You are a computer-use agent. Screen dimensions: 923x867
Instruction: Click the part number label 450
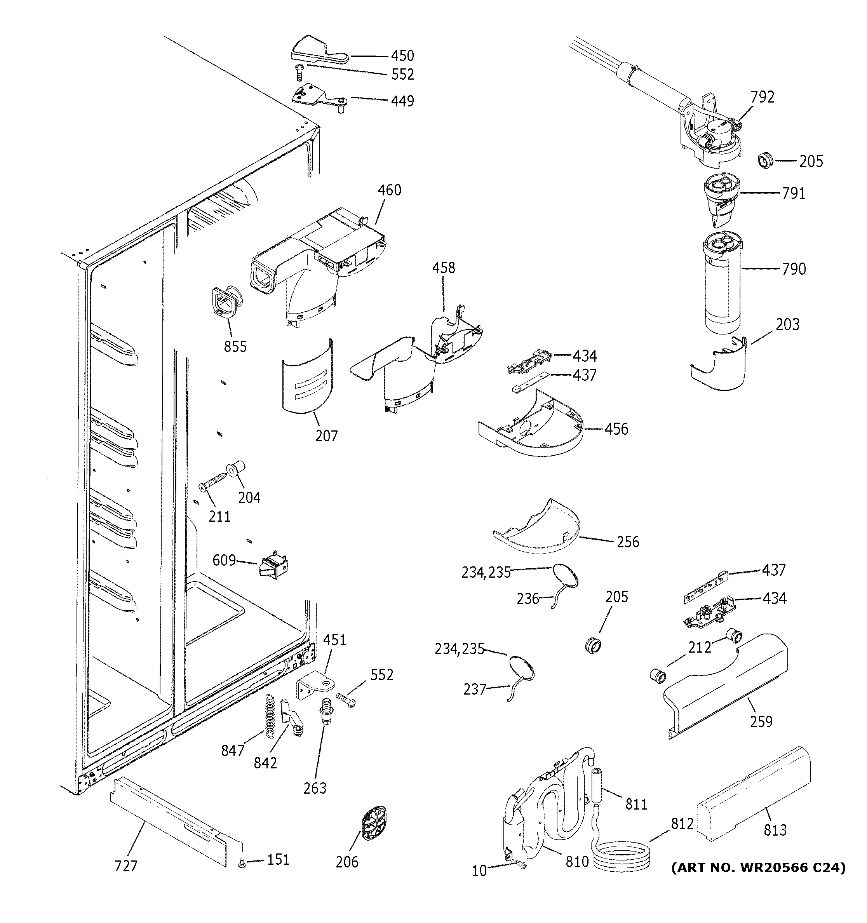pos(402,56)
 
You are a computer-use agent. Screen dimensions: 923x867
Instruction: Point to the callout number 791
pos(793,193)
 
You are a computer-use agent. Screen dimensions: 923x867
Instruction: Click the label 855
pos(235,347)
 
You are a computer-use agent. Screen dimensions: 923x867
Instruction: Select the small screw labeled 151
pos(241,863)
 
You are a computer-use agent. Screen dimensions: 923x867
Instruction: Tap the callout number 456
pos(616,428)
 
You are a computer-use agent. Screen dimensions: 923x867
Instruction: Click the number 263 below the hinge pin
pos(315,788)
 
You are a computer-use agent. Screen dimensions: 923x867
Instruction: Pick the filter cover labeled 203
pos(719,366)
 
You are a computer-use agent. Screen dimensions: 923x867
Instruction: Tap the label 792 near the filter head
pos(763,97)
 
